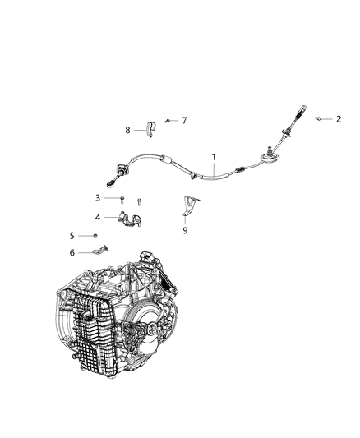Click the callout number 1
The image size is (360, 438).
[215, 156]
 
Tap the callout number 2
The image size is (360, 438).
[339, 119]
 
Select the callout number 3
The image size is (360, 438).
[97, 197]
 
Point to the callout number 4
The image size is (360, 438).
[97, 218]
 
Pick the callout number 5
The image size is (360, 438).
[95, 237]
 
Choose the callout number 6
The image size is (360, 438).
[95, 252]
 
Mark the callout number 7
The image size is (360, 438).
[184, 121]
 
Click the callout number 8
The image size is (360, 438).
[127, 129]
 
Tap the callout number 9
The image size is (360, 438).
[185, 231]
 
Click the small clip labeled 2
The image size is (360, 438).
[319, 120]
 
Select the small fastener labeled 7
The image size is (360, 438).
[166, 120]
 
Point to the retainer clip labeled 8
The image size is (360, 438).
[150, 129]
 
